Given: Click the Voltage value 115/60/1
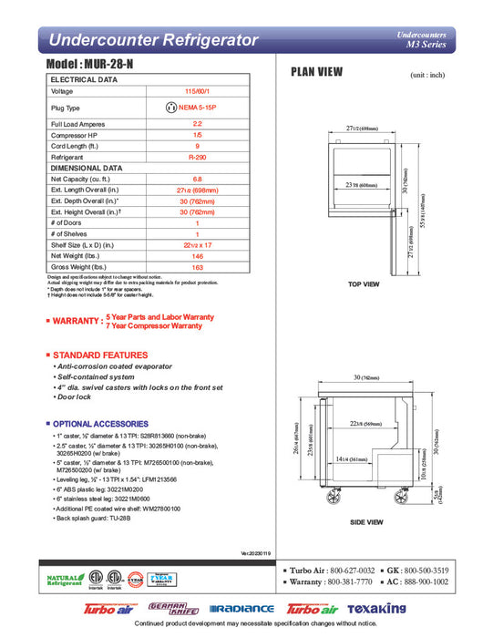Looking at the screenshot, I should tap(197, 92).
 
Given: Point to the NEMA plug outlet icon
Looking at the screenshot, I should tap(169, 108).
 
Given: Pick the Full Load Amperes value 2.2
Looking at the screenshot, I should tap(197, 123).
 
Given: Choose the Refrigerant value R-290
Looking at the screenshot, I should tap(197, 158).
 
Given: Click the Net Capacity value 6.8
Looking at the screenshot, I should tap(197, 179).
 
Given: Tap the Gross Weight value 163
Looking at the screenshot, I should tap(197, 267).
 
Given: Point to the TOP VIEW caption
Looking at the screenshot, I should tap(364, 285).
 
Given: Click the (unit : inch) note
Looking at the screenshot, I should tap(426, 75).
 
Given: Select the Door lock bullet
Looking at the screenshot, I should tap(76, 397).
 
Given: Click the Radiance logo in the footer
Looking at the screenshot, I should tap(241, 608).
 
